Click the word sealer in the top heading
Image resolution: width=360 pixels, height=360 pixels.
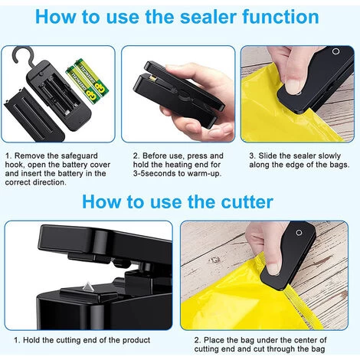coord(208,17)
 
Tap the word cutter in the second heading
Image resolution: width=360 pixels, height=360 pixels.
coord(247,202)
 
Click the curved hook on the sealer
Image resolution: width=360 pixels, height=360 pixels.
coord(21,55)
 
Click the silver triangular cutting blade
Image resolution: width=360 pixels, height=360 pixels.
coord(88,287)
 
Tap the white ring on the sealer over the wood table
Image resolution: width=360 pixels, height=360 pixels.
coord(299,233)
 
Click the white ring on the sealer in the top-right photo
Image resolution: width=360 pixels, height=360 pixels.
coord(335,51)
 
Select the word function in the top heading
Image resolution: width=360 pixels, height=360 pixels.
coord(280,17)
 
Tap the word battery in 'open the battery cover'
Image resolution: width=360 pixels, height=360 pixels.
coord(75,165)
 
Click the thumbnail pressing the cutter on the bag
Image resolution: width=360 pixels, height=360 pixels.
coord(273,269)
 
